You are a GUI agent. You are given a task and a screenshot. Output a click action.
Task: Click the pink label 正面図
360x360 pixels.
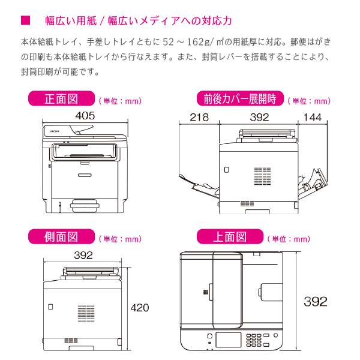coord(62,98)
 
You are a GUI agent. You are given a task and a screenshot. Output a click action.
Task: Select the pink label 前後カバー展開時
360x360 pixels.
coord(239,98)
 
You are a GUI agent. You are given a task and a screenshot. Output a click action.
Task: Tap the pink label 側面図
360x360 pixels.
coord(62,237)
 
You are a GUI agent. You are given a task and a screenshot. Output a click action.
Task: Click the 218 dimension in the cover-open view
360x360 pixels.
coord(199,117)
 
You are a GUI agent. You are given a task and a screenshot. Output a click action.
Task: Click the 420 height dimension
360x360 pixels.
coord(139,308)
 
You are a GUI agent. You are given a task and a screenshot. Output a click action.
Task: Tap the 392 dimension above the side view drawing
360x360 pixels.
coord(83,255)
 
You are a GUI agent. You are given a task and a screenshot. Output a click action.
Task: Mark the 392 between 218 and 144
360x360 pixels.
coord(259,117)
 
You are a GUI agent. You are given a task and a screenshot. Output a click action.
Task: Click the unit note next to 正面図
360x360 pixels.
coord(119,101)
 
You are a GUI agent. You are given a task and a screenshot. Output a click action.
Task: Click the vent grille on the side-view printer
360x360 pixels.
coord(83,311)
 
